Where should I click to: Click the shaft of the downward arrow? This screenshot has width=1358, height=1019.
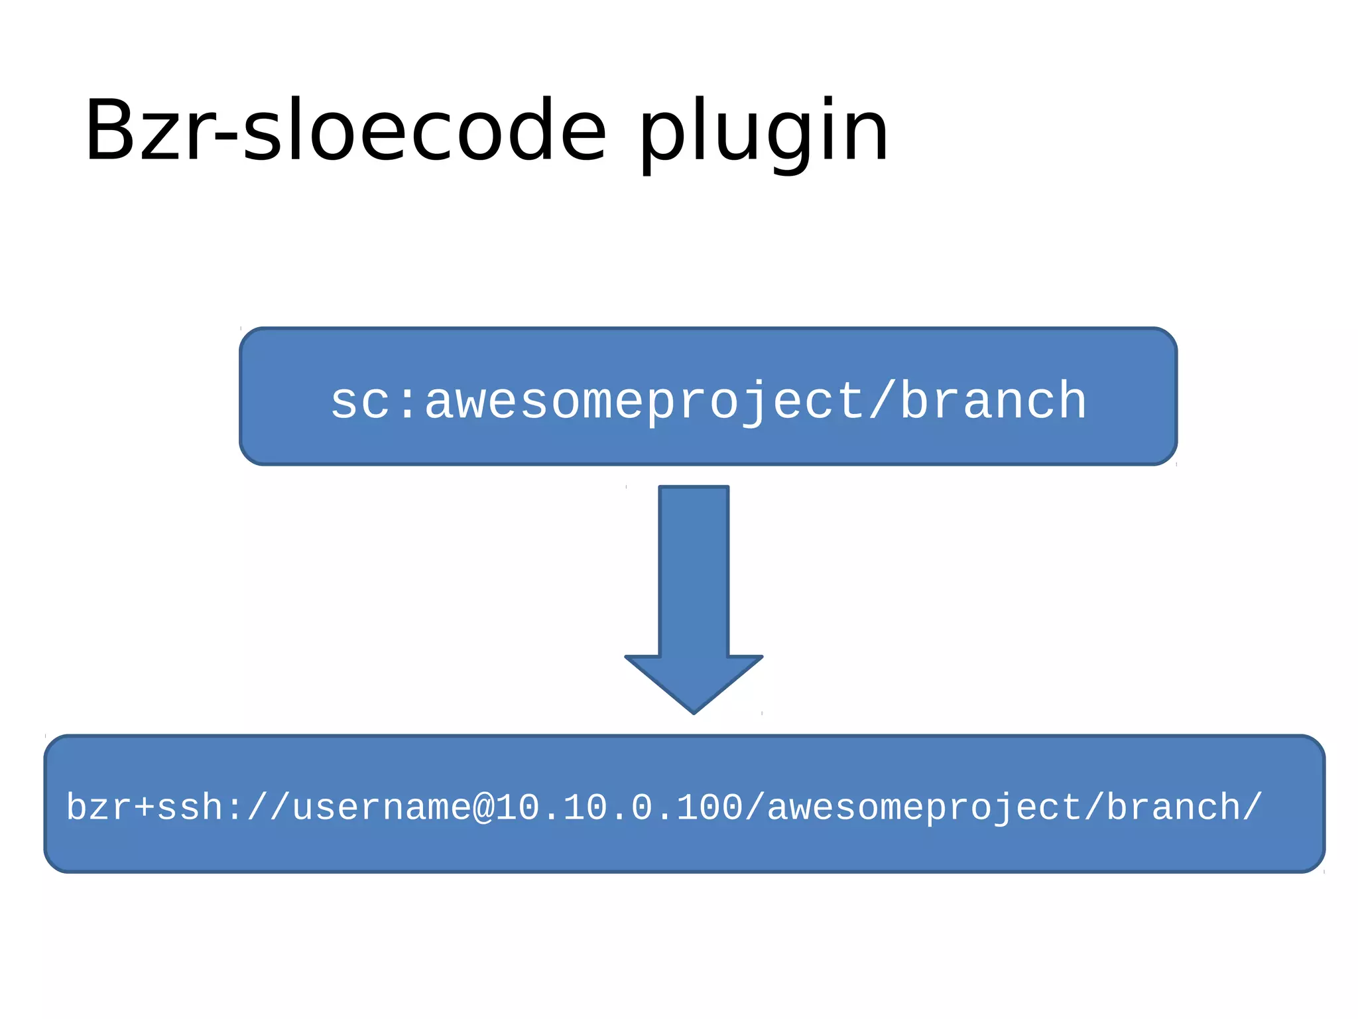(x=694, y=571)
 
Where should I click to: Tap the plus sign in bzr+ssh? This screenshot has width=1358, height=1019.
(x=145, y=808)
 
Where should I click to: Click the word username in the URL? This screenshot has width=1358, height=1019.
(x=381, y=808)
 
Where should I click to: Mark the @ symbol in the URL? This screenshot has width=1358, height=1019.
(x=483, y=808)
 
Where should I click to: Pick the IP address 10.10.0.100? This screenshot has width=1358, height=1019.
(x=619, y=808)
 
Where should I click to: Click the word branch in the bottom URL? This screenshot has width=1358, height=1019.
(x=1173, y=808)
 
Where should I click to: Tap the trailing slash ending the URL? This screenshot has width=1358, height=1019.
(x=1253, y=807)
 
